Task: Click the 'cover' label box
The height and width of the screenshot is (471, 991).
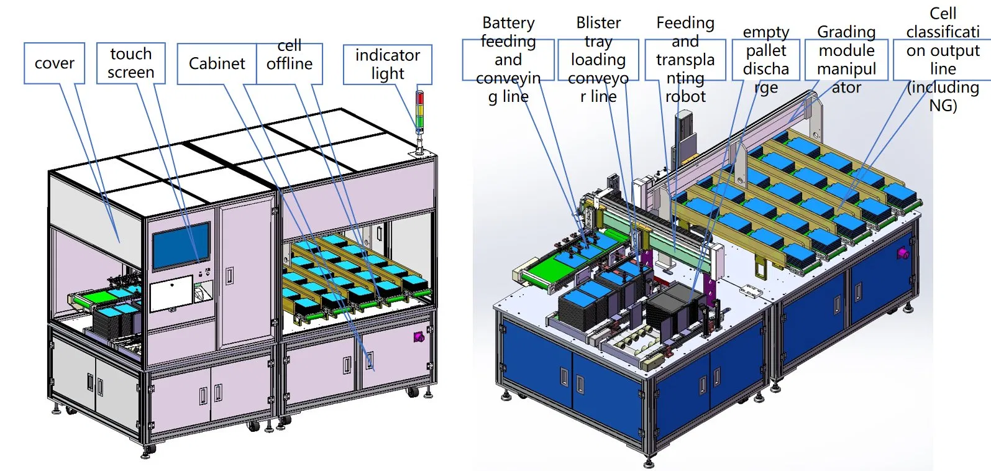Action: coord(55,63)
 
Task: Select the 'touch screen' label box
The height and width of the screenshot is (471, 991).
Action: coord(130,63)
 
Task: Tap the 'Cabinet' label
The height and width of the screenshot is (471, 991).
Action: coord(217,63)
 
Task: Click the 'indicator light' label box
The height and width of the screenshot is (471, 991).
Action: coord(387,64)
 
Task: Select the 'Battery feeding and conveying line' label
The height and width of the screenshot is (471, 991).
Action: coord(508,60)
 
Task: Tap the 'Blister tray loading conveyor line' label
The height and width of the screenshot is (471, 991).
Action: coord(598,60)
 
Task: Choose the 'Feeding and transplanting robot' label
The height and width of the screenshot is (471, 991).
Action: coord(685,60)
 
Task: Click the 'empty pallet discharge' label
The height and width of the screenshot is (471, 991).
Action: coord(766,60)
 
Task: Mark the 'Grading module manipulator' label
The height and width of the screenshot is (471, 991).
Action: coord(846,60)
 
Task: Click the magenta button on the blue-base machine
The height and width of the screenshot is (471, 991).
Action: coord(903,254)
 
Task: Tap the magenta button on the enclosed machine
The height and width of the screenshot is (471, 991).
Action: coord(418,337)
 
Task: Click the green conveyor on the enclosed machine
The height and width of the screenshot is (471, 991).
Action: coord(84,300)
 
